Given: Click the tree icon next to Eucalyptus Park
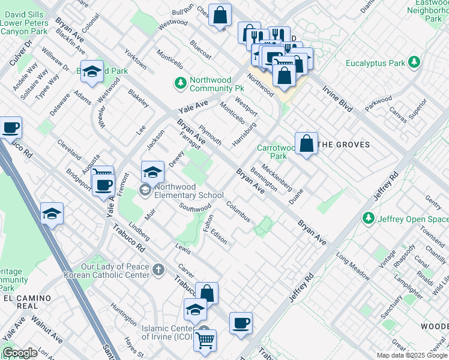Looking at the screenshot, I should (414, 62).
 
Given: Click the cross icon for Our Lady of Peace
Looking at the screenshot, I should (158, 270).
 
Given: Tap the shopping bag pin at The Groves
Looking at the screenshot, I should (306, 144).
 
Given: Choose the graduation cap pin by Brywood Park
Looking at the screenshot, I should (92, 72).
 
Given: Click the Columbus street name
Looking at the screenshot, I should (238, 211).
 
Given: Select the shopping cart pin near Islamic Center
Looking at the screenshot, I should (205, 340).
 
